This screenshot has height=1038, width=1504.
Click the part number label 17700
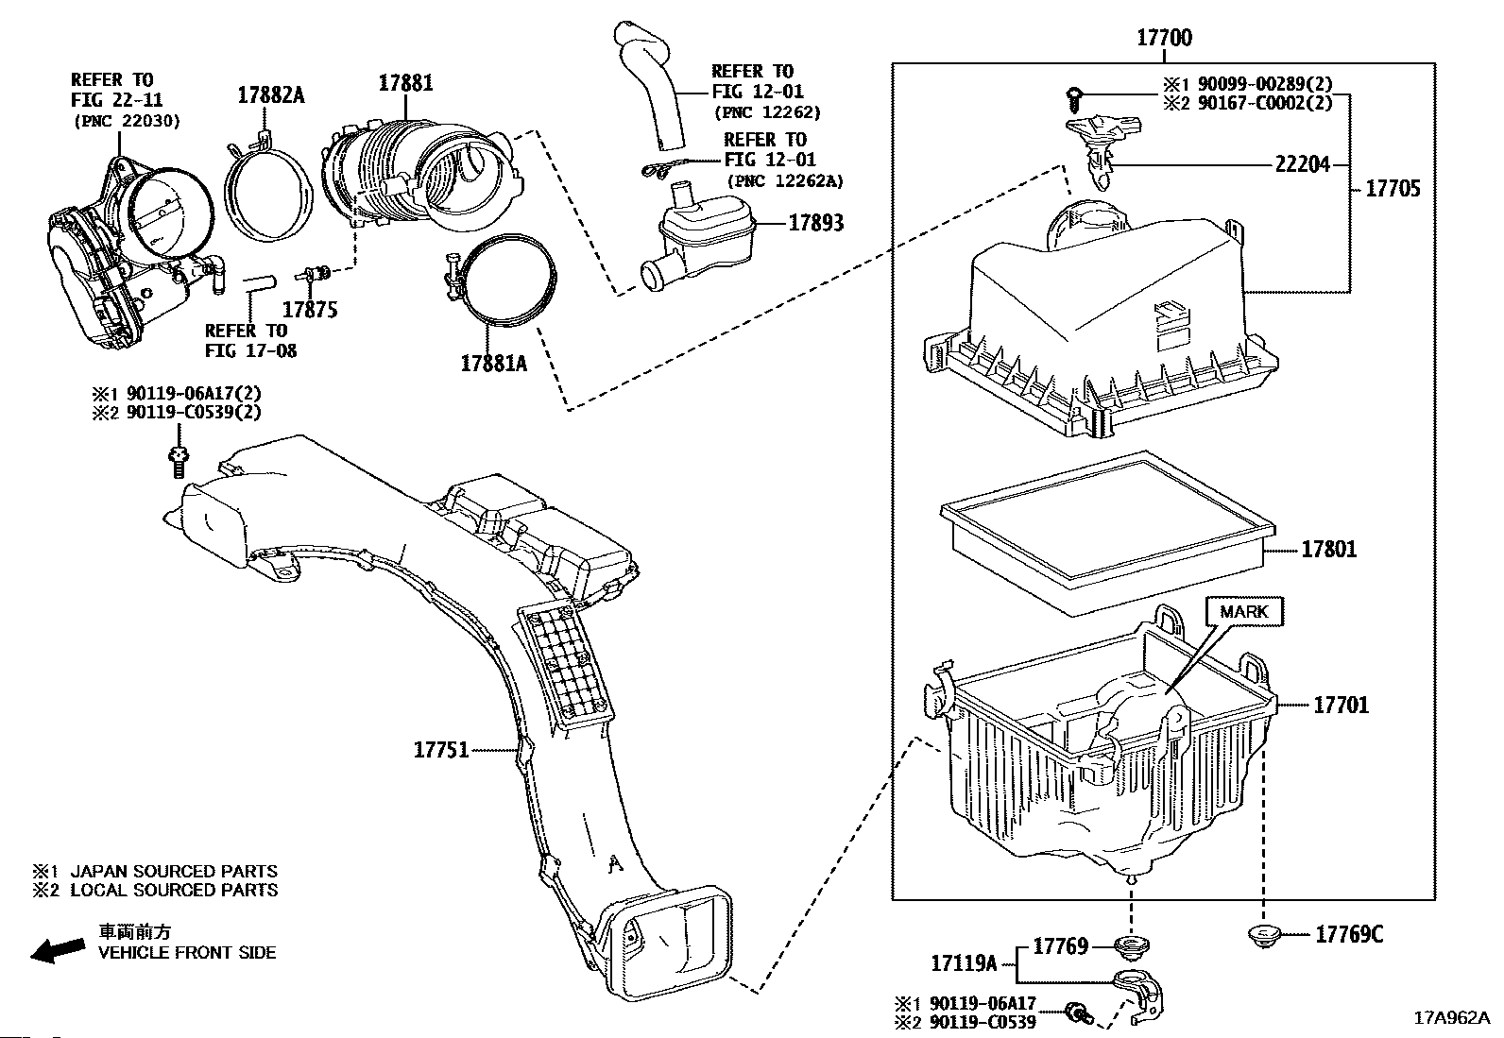[1164, 38]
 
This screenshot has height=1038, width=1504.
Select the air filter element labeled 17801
[1108, 533]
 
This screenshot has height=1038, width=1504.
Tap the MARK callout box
[1244, 612]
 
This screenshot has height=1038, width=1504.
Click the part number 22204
[1302, 163]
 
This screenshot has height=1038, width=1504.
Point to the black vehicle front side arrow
[58, 949]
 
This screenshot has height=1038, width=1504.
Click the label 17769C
[1349, 934]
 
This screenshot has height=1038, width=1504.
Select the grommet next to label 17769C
[1264, 935]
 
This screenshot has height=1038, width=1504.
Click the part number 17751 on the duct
[441, 749]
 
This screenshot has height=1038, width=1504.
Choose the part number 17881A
[493, 364]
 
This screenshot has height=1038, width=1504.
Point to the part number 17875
[310, 310]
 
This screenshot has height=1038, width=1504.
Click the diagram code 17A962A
[1452, 1018]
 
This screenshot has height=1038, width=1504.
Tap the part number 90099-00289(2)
[1265, 84]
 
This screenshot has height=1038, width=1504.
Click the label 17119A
[964, 963]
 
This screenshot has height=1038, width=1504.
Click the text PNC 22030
[127, 122]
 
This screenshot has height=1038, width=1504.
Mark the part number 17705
[1393, 189]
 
